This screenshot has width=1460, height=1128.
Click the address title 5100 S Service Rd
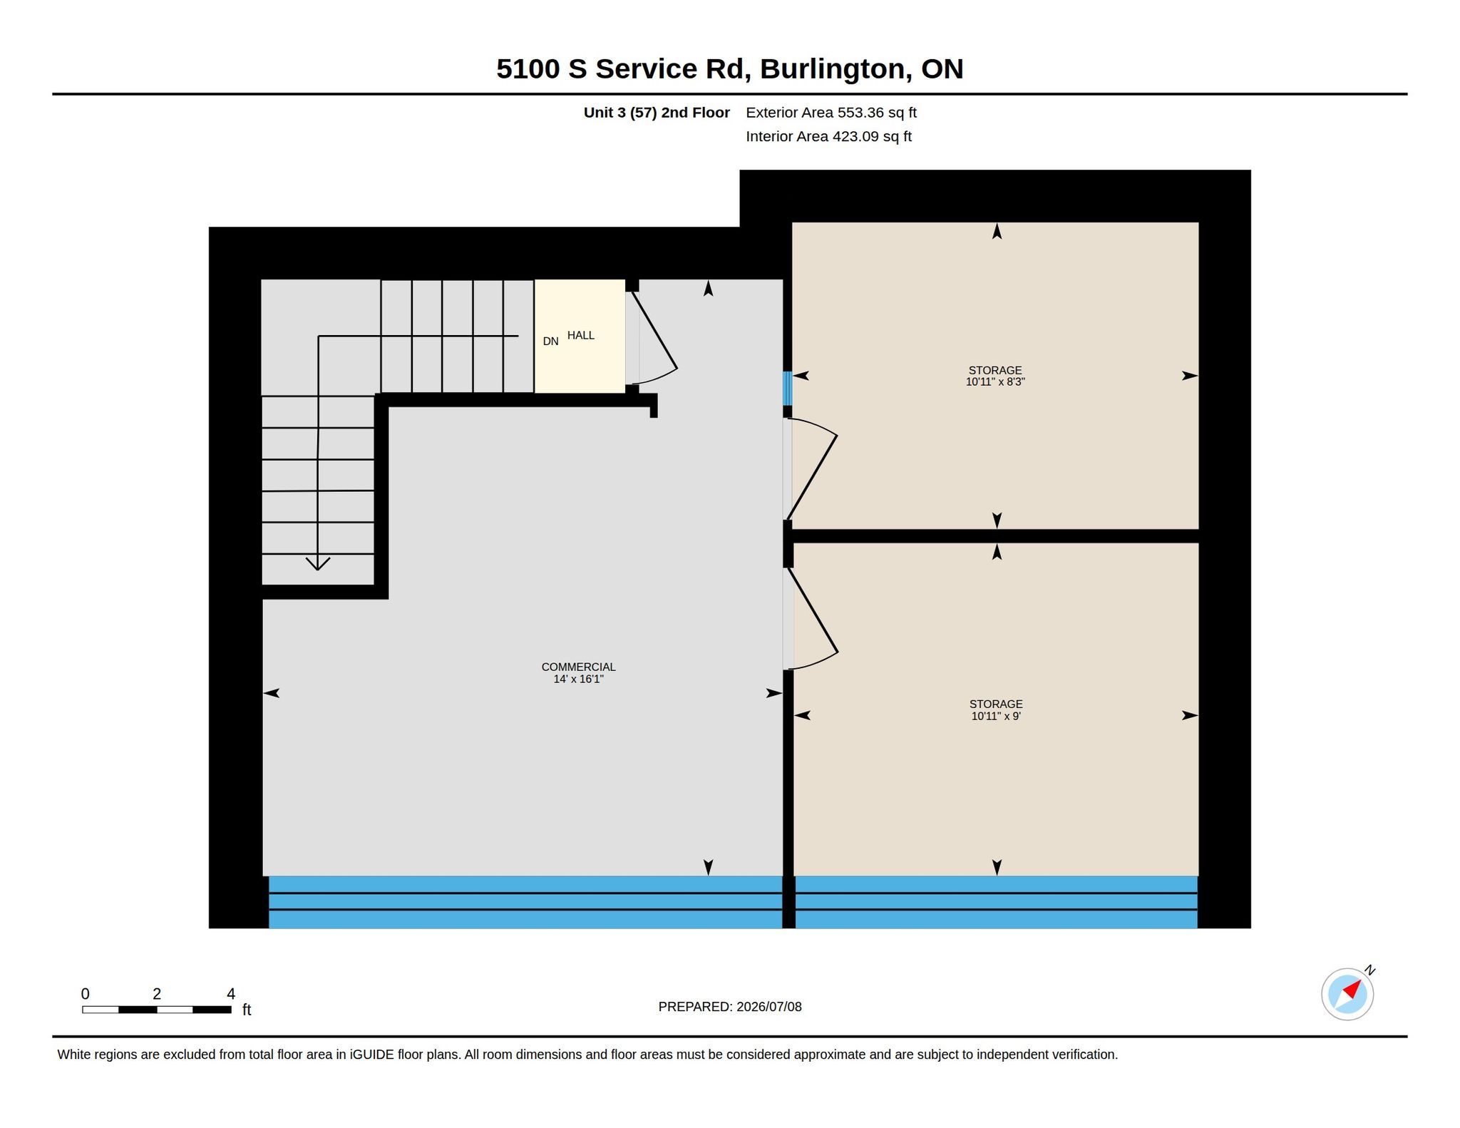point(620,69)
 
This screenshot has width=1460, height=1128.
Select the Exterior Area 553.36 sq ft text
point(831,113)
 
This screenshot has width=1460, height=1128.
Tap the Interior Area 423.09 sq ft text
point(828,136)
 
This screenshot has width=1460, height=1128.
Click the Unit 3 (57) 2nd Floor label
point(657,113)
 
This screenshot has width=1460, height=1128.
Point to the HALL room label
point(580,335)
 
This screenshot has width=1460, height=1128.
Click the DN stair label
point(550,342)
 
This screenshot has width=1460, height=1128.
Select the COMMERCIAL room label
point(578,667)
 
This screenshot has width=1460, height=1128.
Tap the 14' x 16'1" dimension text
point(578,679)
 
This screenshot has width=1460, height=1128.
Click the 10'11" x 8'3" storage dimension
point(995,381)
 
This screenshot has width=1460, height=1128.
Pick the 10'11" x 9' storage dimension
point(996,716)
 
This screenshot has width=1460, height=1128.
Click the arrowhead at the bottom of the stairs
point(318,564)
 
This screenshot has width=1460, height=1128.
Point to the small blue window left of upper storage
point(788,389)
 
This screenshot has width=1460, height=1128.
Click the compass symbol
point(1347,994)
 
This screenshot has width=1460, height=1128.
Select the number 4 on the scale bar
point(231,994)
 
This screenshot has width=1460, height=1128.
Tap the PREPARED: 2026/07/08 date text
point(730,1007)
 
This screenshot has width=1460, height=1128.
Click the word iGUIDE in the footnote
point(371,1055)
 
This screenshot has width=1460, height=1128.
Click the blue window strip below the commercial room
point(525,902)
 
